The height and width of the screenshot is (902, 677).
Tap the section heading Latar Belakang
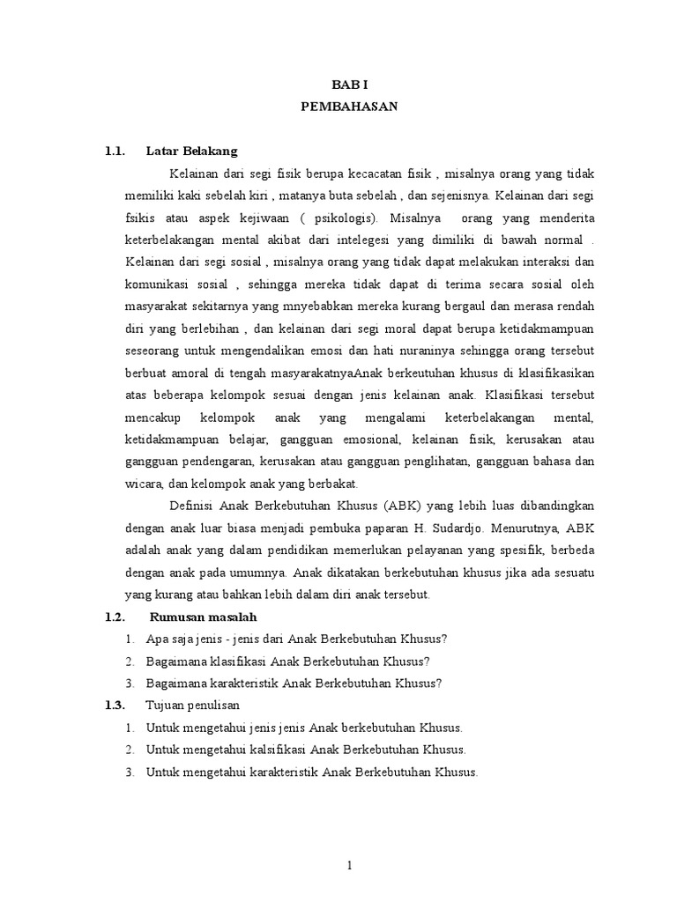tap(191, 151)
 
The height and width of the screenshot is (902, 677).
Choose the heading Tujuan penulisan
tap(192, 706)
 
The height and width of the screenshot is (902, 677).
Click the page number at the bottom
tap(350, 866)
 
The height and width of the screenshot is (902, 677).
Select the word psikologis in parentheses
tap(346, 218)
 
